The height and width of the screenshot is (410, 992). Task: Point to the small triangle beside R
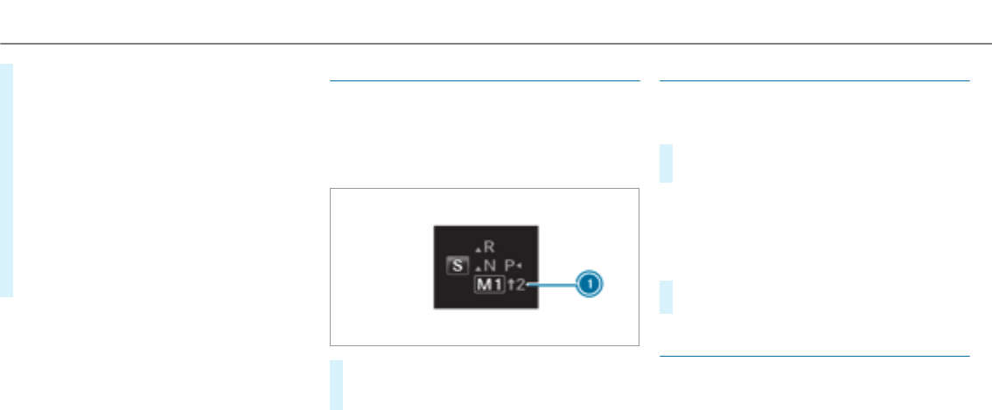pos(477,249)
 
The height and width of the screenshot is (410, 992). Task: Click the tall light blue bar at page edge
pos(6,180)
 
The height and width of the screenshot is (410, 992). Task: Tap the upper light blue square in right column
pos(667,163)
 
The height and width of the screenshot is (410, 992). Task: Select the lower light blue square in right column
pos(667,297)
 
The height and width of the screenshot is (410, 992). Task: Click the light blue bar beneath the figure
pos(337,384)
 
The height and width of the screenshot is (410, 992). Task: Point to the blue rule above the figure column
pos(484,81)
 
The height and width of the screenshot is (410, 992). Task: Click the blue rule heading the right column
pos(814,81)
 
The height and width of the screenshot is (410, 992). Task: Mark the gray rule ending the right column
pos(814,357)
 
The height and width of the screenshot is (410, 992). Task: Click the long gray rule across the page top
pos(496,45)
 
